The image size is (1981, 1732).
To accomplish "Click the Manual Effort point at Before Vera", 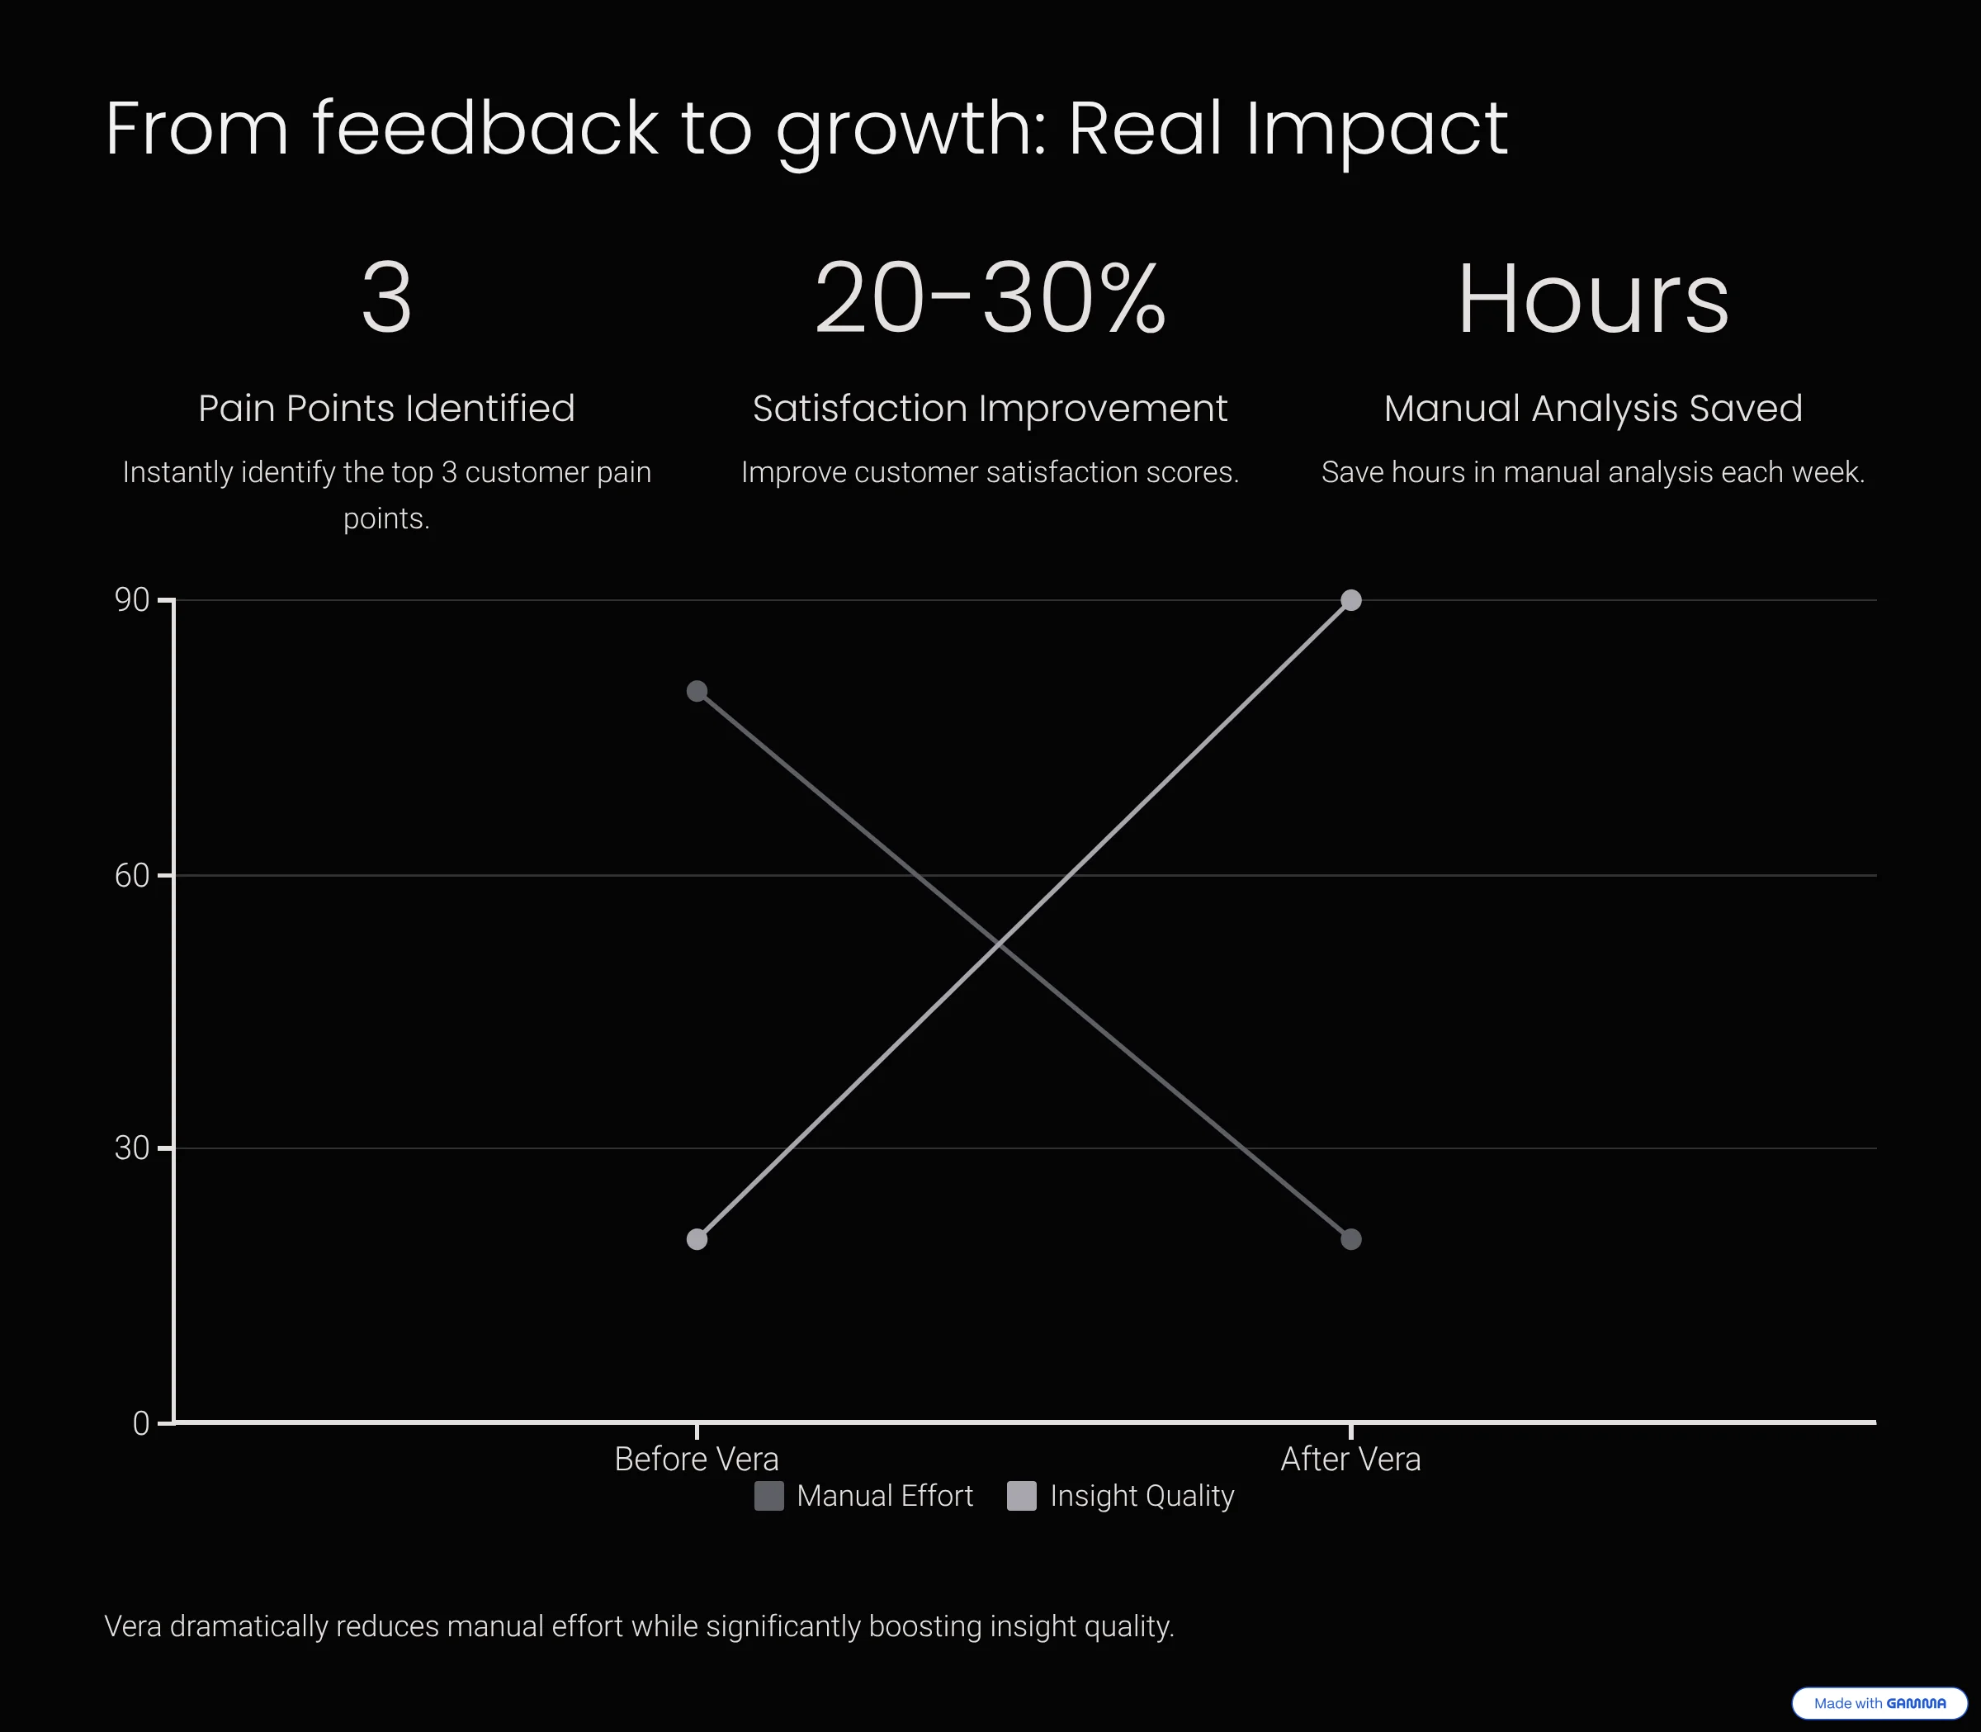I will point(697,691).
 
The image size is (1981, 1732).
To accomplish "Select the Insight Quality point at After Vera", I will point(1351,600).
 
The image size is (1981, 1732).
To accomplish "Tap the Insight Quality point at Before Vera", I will point(697,1239).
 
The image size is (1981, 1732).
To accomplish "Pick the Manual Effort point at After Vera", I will point(1351,1239).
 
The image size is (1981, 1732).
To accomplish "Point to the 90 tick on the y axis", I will point(132,600).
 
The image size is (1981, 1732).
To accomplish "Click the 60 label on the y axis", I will point(132,876).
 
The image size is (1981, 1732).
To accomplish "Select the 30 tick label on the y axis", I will point(132,1148).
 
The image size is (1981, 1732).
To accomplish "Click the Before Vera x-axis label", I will point(697,1459).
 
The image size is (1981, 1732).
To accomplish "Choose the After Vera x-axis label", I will point(1351,1459).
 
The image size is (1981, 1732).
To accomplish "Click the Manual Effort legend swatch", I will point(769,1495).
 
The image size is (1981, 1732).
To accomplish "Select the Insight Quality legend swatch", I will point(1021,1495).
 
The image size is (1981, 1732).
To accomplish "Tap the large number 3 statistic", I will point(386,298).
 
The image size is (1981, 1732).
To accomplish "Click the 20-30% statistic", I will point(990,298).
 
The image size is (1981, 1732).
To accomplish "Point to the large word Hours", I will point(1592,300).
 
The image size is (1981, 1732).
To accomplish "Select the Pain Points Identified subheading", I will point(386,408).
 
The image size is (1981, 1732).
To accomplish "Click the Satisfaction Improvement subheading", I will point(990,408).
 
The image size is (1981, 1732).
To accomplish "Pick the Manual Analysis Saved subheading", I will point(1592,408).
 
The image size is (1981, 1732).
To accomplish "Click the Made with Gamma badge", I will point(1879,1703).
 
